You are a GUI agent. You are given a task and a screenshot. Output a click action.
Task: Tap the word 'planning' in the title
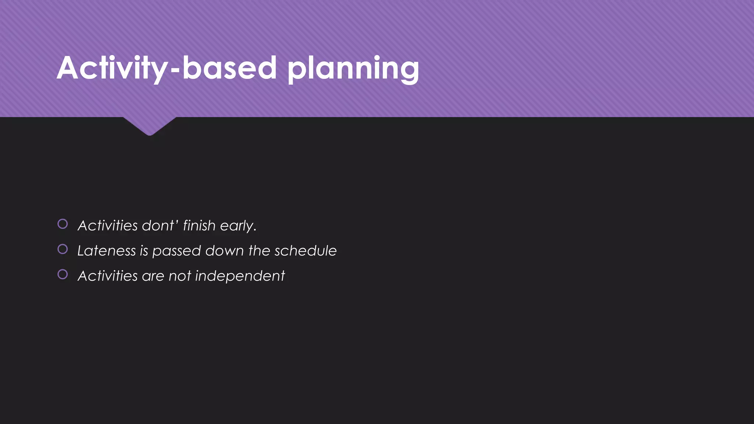353,69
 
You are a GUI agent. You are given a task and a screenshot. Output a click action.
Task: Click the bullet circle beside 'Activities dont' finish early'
63,224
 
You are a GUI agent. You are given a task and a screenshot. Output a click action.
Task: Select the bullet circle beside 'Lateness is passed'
63,249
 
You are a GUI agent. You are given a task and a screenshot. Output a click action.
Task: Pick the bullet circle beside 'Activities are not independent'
63,274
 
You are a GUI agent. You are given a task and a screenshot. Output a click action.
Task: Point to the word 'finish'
199,225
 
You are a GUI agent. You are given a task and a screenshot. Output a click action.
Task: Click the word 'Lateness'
106,251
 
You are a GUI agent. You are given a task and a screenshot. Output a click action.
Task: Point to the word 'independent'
240,276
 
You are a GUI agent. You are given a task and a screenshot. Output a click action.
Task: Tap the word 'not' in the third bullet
180,276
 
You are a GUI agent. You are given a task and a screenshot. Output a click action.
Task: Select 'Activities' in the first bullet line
108,225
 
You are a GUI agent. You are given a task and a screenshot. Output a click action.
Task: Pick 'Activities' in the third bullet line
108,276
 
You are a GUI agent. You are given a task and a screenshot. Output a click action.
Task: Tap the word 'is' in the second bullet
144,251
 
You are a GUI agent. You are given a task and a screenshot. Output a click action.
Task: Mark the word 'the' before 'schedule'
259,251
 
